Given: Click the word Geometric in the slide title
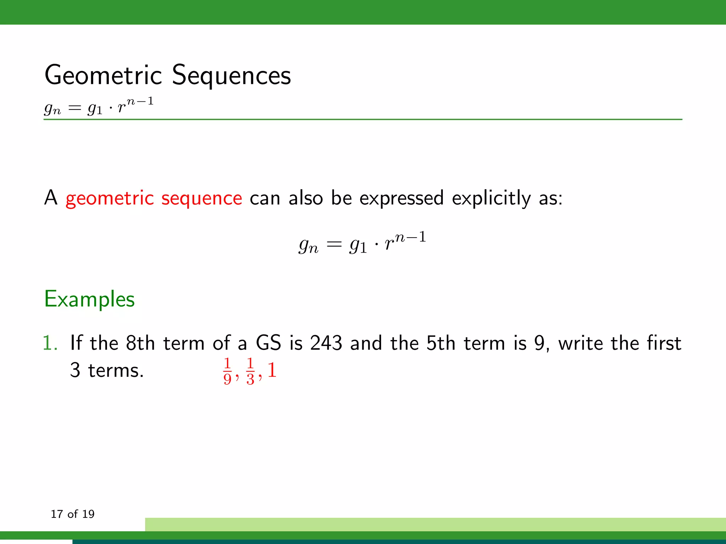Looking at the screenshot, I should [103, 75].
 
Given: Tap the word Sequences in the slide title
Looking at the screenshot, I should [231, 75].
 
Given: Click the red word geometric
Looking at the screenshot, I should [110, 198].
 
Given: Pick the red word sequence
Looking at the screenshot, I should [202, 198].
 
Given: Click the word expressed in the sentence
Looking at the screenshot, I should [401, 198].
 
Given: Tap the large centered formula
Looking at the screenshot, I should [362, 242].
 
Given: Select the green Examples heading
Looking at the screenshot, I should [89, 299].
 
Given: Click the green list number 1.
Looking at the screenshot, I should [50, 343].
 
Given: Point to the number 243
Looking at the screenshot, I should [326, 343].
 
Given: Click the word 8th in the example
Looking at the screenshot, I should [140, 343].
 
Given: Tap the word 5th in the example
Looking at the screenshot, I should [441, 343].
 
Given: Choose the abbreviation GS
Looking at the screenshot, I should [268, 343].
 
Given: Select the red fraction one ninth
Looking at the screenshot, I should [228, 371].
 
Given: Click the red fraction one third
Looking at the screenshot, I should [250, 371].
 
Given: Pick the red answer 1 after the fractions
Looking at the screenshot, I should [272, 370].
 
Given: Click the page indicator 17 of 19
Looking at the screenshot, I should [73, 514].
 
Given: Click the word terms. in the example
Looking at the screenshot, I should [116, 370].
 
